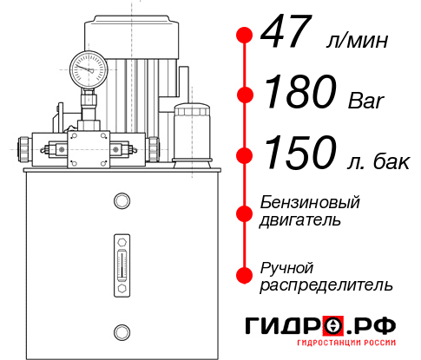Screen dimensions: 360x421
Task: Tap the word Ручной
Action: [x=286, y=267]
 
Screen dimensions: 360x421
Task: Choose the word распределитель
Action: [x=326, y=285]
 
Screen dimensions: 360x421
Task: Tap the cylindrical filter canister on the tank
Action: [x=192, y=130]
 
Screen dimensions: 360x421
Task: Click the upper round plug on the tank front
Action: [x=121, y=201]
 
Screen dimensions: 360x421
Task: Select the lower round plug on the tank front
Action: [x=121, y=330]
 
